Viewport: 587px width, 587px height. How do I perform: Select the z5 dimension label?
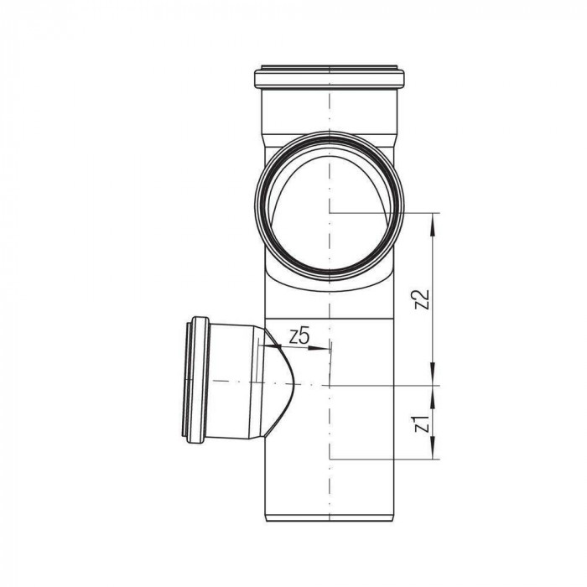(x=299, y=337)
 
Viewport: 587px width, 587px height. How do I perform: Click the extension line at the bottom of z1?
(x=386, y=460)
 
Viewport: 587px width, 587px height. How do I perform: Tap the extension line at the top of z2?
(x=386, y=213)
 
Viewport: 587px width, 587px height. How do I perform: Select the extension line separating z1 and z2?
(x=386, y=385)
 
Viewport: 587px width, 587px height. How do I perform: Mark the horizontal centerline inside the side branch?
(x=243, y=382)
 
